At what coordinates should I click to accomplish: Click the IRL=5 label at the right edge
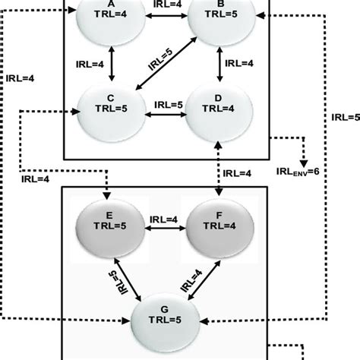345,118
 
